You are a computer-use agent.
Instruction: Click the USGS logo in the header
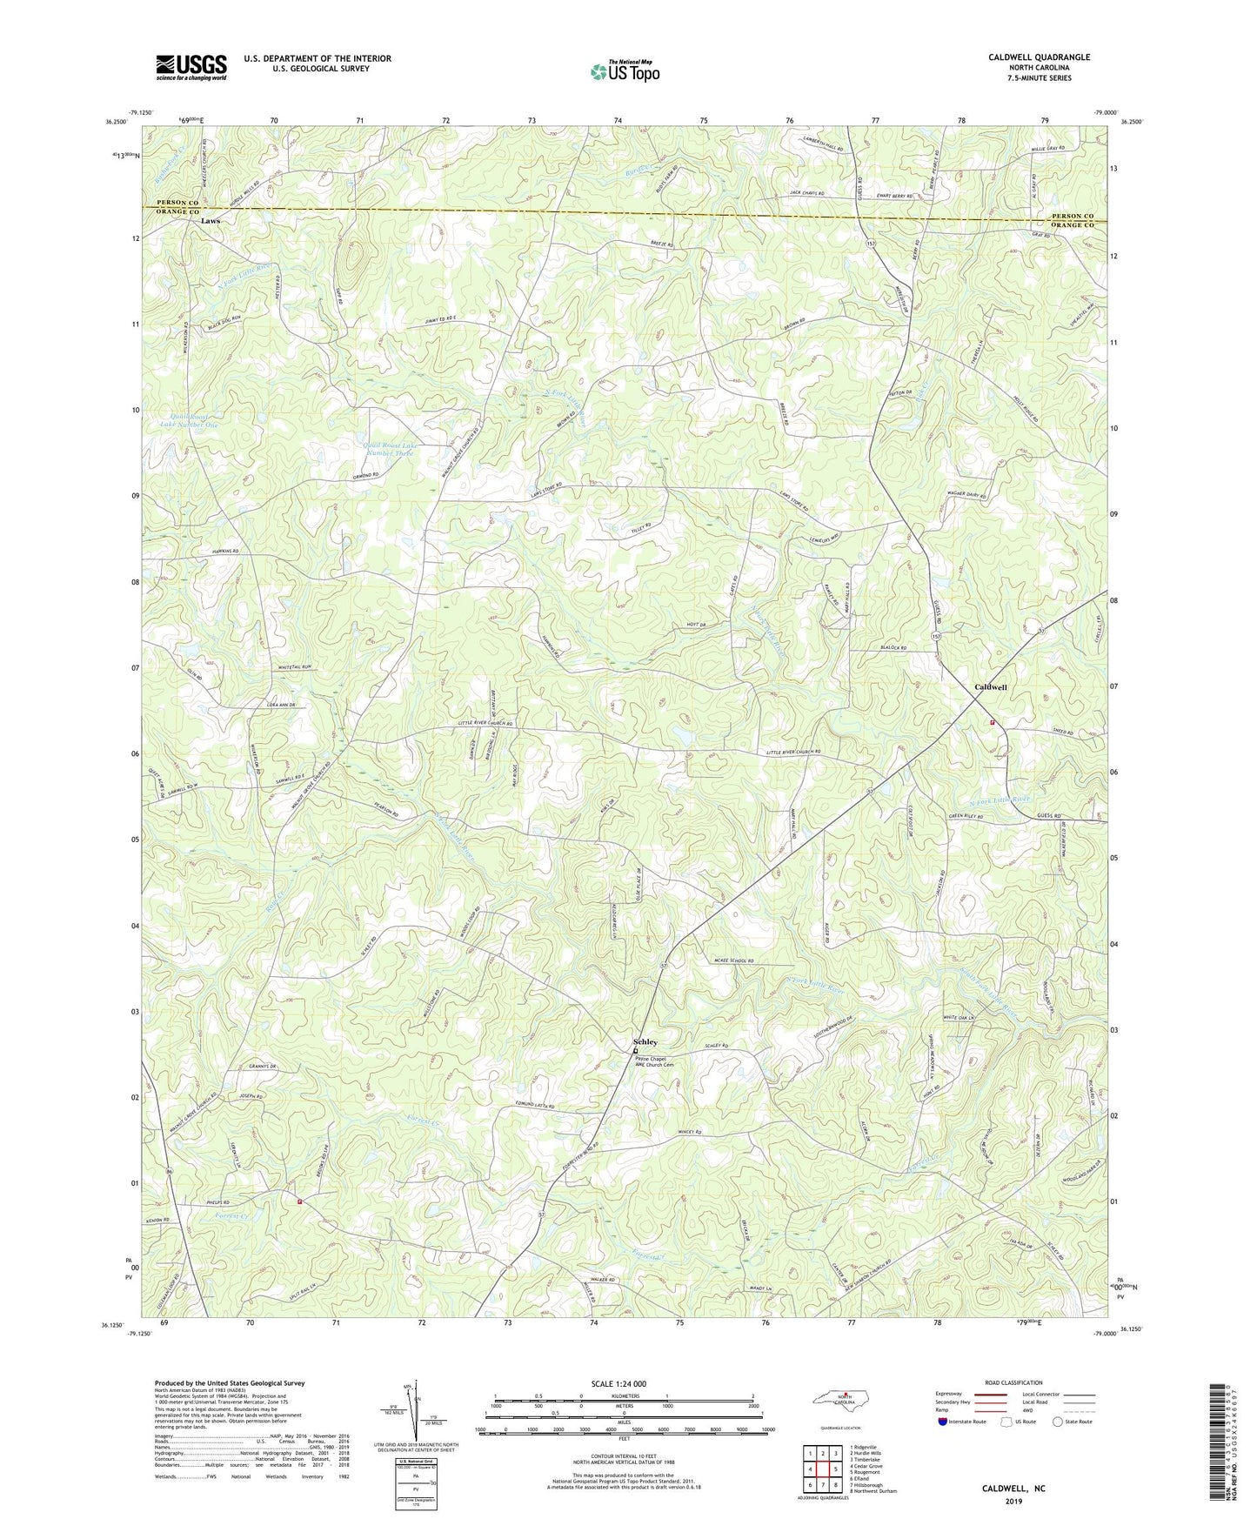[x=191, y=67]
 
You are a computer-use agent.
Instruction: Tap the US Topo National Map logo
[x=623, y=71]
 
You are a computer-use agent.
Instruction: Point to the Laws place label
[x=210, y=221]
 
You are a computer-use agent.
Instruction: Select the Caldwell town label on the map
[x=990, y=687]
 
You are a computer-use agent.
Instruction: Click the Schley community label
[x=645, y=1041]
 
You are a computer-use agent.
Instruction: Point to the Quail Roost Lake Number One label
[x=189, y=420]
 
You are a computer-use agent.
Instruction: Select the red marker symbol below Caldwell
[x=992, y=722]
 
